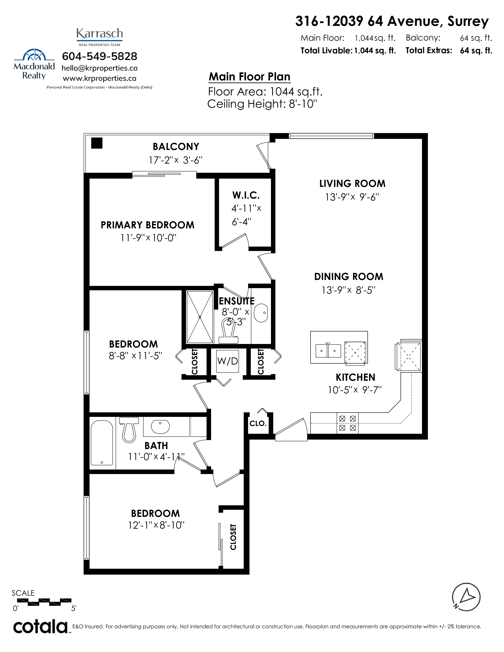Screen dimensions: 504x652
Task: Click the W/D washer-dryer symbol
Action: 227,361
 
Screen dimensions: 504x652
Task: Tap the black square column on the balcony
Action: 97,143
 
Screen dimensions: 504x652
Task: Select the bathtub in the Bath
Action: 102,443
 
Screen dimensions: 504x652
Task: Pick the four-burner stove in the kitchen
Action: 347,423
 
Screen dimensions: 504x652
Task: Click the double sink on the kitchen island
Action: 328,350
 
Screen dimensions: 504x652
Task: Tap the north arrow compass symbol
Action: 466,597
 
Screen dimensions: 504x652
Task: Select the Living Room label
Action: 352,183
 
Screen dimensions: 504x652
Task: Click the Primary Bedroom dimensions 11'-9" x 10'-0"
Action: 148,238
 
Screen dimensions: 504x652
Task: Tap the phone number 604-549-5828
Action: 99,56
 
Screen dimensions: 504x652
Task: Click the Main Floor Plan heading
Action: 250,77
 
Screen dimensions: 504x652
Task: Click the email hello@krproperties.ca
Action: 99,68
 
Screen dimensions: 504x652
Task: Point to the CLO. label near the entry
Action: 258,423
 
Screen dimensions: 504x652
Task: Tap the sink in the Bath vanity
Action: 160,426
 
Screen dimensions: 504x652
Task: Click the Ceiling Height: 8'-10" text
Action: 262,104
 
